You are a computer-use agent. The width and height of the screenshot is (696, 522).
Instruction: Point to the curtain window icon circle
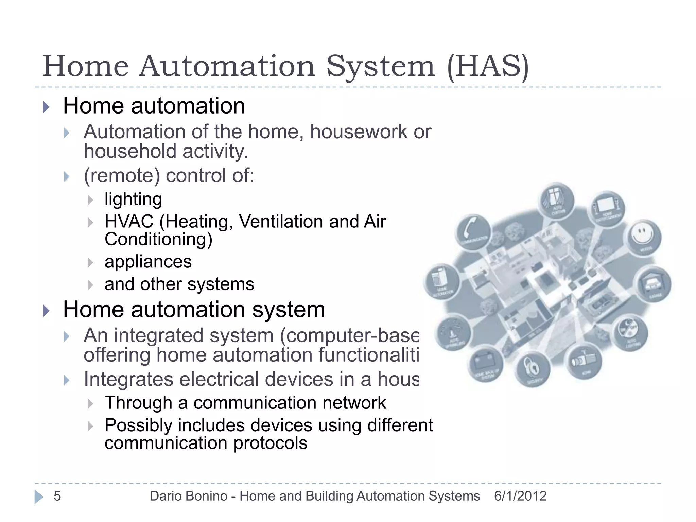(557, 201)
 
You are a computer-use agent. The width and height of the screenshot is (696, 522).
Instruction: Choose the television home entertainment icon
(607, 207)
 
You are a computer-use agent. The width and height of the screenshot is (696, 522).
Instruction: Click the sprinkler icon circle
(453, 333)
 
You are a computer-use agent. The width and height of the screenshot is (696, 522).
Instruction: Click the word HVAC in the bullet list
(129, 222)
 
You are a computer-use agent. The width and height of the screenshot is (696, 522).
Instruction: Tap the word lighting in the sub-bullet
(133, 199)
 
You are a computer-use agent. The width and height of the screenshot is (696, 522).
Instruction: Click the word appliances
(148, 262)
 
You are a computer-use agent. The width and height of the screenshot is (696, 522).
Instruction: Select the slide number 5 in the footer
(57, 496)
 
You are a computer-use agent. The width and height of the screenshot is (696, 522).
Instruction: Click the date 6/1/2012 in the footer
(520, 496)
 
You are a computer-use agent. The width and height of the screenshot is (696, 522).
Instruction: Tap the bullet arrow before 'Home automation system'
(47, 311)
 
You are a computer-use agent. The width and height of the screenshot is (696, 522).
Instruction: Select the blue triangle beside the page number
(39, 497)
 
